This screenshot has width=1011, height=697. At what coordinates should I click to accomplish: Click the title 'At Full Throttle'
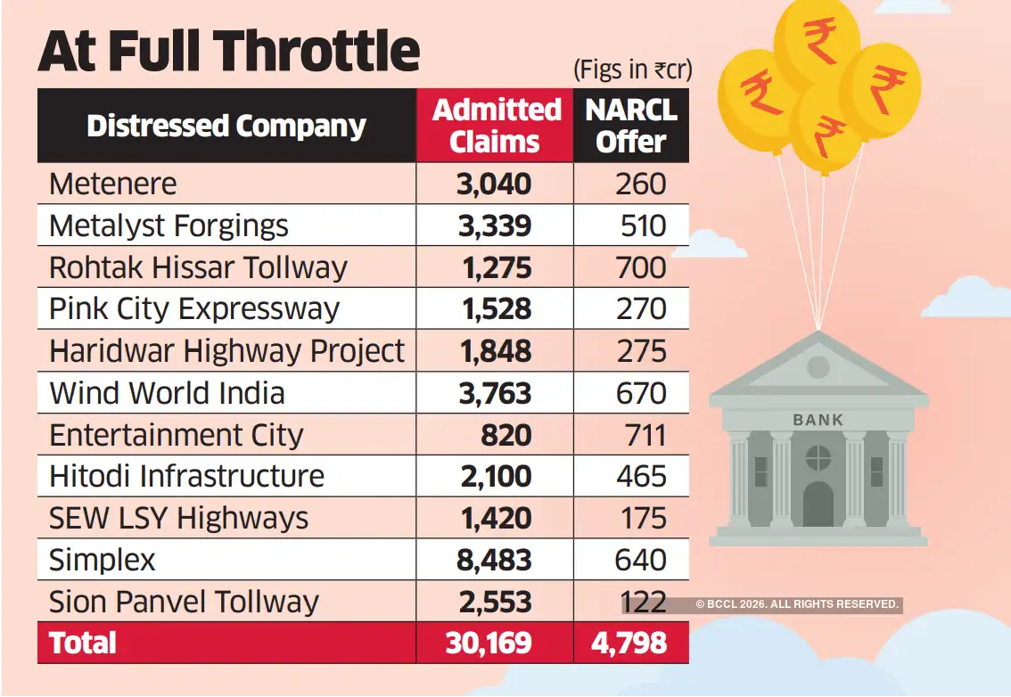coord(228,52)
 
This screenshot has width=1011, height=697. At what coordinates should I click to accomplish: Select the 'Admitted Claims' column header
coord(496,126)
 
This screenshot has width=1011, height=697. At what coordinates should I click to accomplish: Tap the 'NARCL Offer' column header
coord(631,126)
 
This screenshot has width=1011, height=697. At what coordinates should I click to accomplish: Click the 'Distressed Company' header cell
coord(226,126)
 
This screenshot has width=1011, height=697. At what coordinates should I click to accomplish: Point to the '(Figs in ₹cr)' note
coord(633,69)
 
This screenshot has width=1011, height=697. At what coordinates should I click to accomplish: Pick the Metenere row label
coord(113,184)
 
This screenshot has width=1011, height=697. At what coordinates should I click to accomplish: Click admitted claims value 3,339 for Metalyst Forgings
coord(496,225)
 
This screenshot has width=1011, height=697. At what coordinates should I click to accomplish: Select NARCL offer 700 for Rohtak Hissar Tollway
coord(640,267)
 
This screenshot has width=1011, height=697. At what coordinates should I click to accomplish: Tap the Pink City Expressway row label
coord(194,309)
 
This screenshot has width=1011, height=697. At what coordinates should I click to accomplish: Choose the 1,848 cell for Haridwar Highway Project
coord(496,351)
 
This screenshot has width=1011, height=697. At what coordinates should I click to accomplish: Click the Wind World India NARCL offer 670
coord(640,393)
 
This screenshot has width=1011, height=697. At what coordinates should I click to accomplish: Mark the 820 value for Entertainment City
coord(505,435)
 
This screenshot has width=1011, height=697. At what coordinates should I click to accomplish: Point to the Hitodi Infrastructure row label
coord(186,476)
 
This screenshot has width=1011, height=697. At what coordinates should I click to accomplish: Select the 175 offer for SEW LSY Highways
coord(640,518)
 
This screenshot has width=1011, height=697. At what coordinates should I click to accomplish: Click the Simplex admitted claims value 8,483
coord(496,560)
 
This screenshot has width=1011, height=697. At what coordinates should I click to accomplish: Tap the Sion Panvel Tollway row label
coord(184,602)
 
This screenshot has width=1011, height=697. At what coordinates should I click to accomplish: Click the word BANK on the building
coord(818,419)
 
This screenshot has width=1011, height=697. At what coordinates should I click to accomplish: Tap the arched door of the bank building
coord(818,504)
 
